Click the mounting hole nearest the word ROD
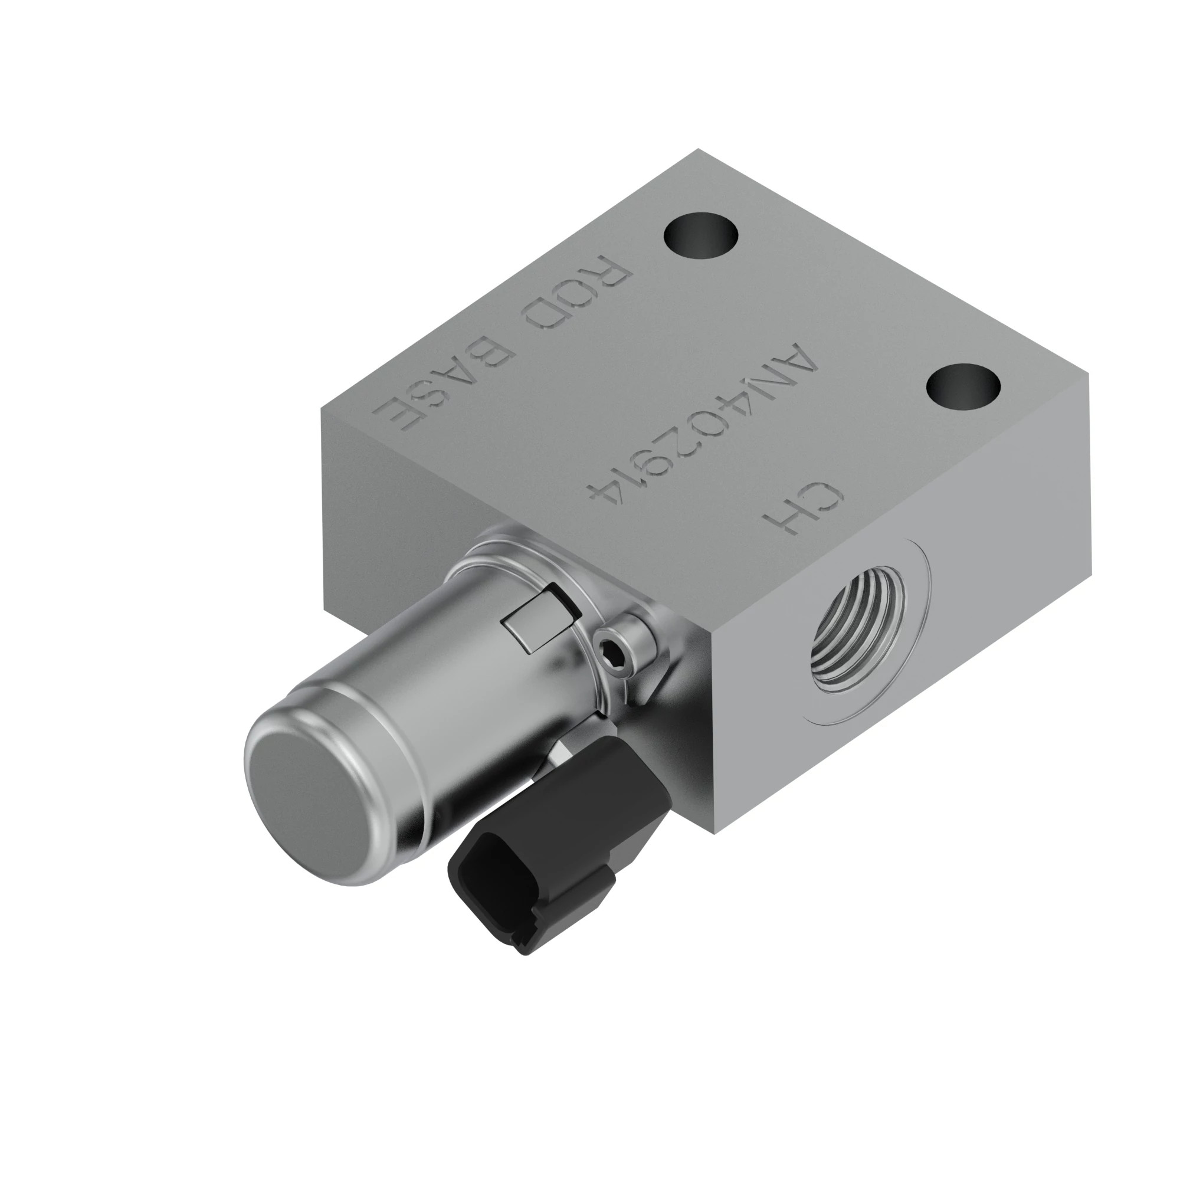point(701,237)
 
